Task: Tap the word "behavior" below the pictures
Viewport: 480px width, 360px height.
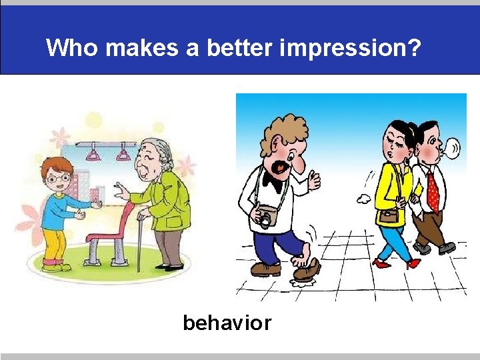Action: (227, 323)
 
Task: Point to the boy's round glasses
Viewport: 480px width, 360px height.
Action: (58, 178)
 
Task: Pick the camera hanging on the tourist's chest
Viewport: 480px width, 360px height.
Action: (267, 217)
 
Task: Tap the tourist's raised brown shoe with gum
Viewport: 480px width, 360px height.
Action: (306, 269)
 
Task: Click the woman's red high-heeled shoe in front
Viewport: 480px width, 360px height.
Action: (381, 263)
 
